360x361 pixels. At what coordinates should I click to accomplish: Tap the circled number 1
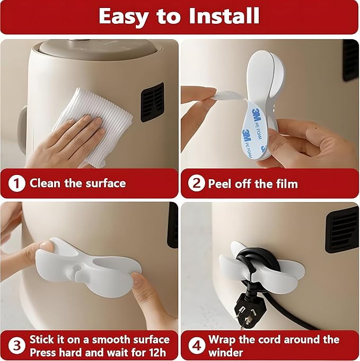pyautogui.click(x=17, y=184)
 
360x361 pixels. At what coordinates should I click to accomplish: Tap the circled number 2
pyautogui.click(x=196, y=184)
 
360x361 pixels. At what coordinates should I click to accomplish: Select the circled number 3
pyautogui.click(x=17, y=346)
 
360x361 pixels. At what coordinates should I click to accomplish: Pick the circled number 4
pyautogui.click(x=196, y=346)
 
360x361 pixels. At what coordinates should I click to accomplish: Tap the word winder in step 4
pyautogui.click(x=227, y=352)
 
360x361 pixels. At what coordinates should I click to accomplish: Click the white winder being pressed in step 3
pyautogui.click(x=87, y=262)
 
